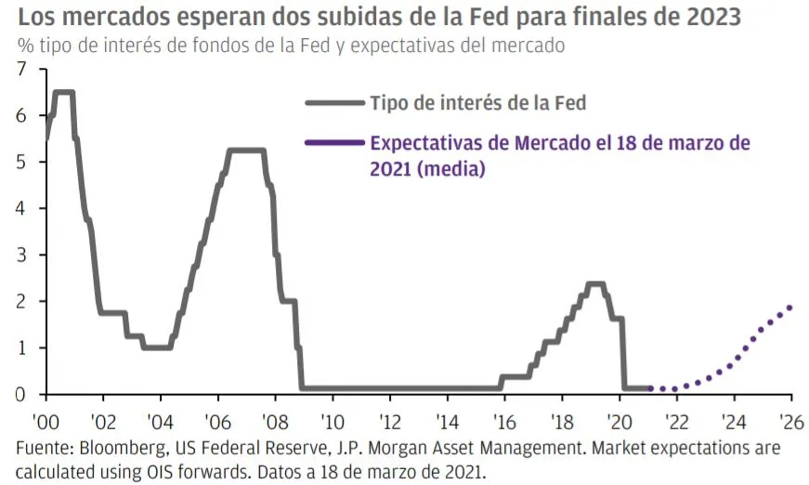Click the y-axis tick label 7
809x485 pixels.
pyautogui.click(x=23, y=70)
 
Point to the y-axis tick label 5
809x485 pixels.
pyautogui.click(x=23, y=162)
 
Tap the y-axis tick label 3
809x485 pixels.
pyautogui.click(x=23, y=255)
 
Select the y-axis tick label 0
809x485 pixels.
pyautogui.click(x=23, y=394)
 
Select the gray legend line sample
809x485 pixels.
pyautogui.click(x=333, y=104)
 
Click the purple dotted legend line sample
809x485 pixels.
pyautogui.click(x=333, y=143)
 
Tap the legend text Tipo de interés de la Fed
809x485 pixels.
pyautogui.click(x=478, y=103)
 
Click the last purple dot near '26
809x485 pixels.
pyautogui.click(x=789, y=308)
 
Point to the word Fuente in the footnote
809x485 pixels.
pyautogui.click(x=44, y=449)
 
